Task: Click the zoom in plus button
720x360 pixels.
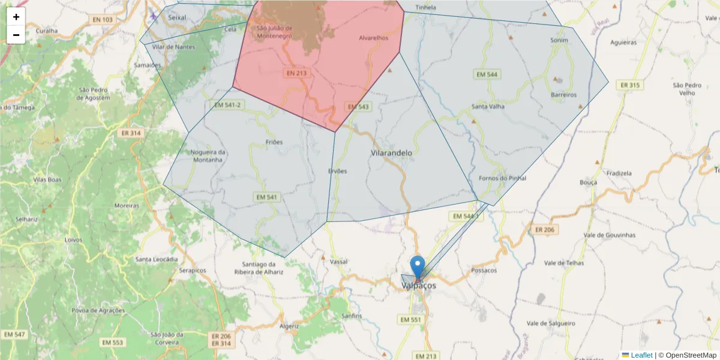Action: click(x=16, y=17)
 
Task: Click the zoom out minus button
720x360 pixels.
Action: click(x=16, y=35)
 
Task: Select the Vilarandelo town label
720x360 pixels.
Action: click(x=392, y=153)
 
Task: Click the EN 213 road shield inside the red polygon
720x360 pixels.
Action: click(x=296, y=73)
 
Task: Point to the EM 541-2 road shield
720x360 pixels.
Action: click(x=227, y=105)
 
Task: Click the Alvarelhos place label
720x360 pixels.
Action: click(x=373, y=38)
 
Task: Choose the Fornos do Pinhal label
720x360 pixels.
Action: click(x=503, y=178)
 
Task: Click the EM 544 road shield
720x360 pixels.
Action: click(x=487, y=74)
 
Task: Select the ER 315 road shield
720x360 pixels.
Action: click(x=630, y=85)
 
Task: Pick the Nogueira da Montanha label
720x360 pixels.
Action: click(x=207, y=156)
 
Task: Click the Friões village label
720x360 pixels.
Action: click(x=274, y=142)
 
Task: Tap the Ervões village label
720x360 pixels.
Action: click(x=337, y=171)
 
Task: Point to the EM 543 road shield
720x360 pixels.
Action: click(x=358, y=106)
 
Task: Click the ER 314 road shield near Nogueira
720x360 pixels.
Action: click(x=130, y=133)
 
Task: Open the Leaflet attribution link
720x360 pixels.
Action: click(x=641, y=355)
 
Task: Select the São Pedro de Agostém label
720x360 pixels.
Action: click(x=94, y=94)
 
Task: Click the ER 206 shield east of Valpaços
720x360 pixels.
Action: click(x=544, y=229)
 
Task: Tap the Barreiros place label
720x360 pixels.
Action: click(x=563, y=95)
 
